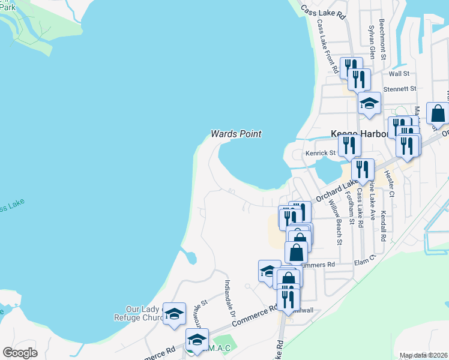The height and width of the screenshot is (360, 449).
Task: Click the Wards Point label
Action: coord(236,134)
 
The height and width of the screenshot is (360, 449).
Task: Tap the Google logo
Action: coord(20,353)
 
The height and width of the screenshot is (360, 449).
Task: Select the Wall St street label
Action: coord(399,73)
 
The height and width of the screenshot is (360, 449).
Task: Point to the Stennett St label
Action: coord(399,89)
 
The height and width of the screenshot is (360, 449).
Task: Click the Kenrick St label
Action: coord(320,153)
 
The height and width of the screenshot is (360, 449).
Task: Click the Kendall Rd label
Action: coord(382,223)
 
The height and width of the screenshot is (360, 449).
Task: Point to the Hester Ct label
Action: coord(390,183)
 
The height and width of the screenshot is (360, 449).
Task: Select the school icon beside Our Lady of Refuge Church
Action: coord(174,313)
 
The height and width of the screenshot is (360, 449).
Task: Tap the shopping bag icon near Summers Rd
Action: coord(297,251)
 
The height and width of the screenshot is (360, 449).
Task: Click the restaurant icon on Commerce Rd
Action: coord(289,296)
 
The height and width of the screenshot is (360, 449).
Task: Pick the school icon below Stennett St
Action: coord(369,103)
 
